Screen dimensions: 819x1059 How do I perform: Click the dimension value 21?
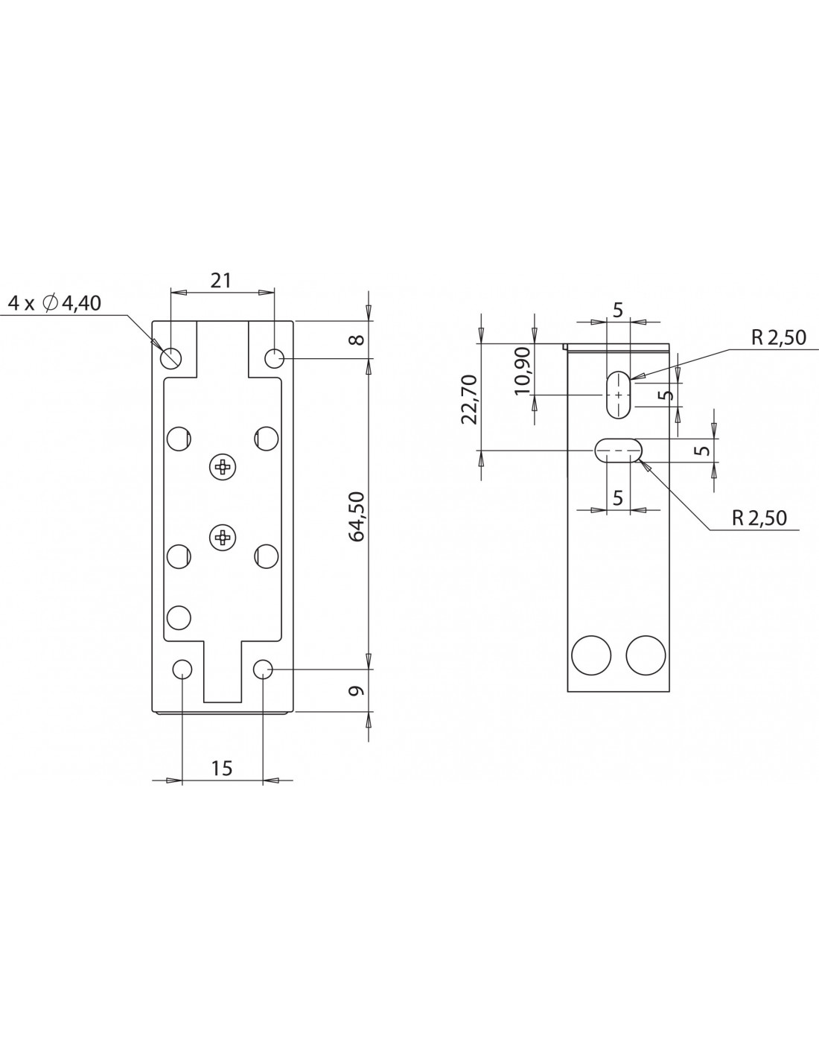(220, 280)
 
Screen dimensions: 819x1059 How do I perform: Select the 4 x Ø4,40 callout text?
(54, 303)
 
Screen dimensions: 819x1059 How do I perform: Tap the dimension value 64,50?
(357, 516)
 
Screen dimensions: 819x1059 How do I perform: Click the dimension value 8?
(357, 339)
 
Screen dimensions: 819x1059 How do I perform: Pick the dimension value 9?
(357, 690)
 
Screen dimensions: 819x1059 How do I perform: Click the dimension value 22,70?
(470, 399)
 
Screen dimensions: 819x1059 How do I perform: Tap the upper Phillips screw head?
(222, 468)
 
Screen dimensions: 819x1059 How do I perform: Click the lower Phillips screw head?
(222, 538)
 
